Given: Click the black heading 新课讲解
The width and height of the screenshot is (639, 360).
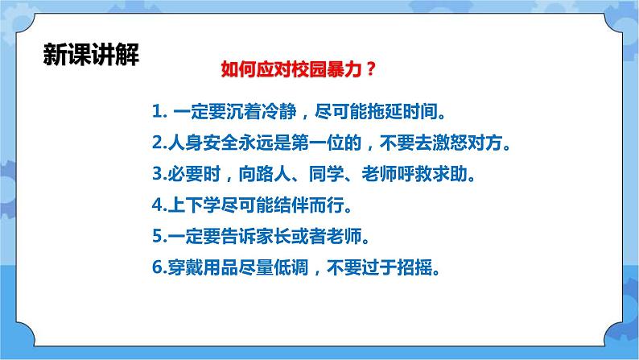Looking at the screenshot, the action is click(91, 54).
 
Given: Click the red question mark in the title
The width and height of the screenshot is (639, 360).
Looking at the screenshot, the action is click(370, 69).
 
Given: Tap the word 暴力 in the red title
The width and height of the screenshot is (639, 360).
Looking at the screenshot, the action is click(344, 69).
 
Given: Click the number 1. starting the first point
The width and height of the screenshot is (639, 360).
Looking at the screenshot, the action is click(159, 111).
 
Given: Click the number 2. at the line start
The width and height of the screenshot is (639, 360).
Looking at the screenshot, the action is click(159, 143).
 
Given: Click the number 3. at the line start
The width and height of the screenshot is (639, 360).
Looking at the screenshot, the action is click(159, 174).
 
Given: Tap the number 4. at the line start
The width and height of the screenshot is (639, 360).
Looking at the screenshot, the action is click(159, 205).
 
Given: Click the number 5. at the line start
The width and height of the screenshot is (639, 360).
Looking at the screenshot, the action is click(159, 237).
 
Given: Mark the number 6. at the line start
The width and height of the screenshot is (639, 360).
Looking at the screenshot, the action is click(159, 268).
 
